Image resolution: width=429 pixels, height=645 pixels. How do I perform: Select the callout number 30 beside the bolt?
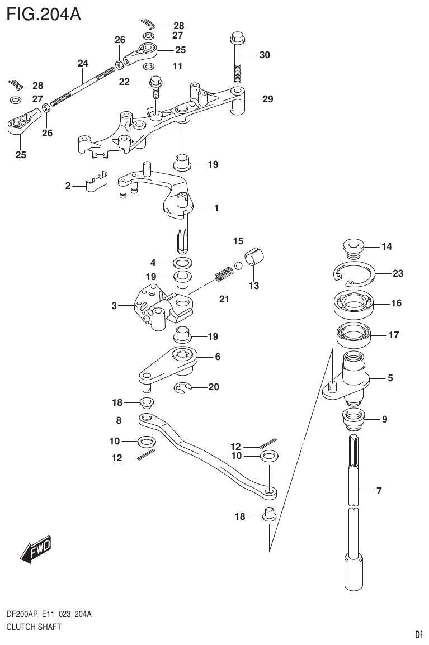(264, 55)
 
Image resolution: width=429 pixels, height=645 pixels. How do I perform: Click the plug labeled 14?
(352, 246)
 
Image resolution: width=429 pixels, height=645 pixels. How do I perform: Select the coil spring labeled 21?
(224, 276)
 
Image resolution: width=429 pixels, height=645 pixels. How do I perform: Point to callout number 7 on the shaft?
(379, 491)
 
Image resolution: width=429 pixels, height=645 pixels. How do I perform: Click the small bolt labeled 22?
(156, 88)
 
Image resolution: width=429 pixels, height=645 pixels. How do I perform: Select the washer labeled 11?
(148, 67)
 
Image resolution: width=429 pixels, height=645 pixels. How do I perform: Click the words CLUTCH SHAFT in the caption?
(34, 627)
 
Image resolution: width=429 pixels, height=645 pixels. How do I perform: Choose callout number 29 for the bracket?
(267, 99)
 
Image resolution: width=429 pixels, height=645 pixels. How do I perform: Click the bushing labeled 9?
(352, 417)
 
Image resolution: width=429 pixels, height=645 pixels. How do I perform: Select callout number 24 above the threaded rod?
(83, 64)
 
